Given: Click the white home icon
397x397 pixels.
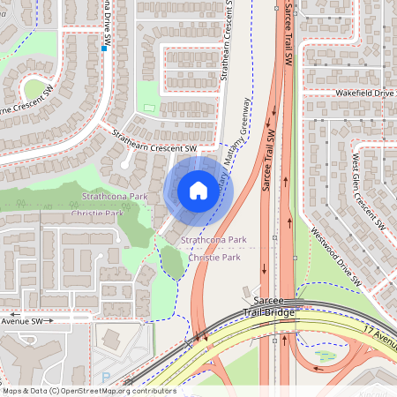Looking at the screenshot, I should [198, 191].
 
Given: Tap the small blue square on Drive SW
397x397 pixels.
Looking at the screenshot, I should [104, 49].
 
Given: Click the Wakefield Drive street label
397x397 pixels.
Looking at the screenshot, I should [363, 92].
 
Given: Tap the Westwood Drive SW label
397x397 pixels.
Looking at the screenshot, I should [336, 257].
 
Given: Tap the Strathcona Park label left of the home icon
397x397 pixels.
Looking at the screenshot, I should [115, 196].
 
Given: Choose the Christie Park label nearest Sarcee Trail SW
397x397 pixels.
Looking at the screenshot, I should [213, 258].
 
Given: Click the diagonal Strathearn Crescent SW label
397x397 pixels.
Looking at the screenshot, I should [154, 142].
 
